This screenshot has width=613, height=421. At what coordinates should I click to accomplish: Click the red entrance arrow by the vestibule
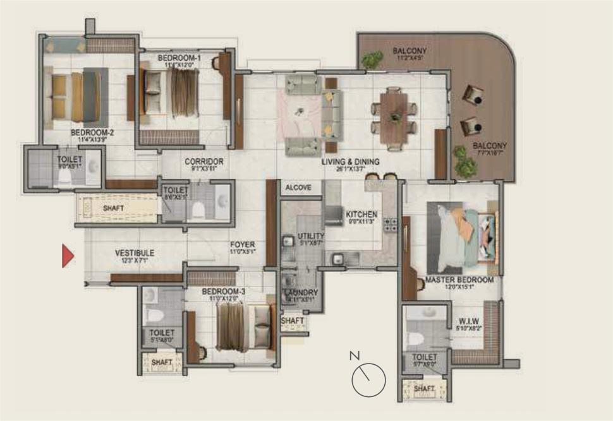coord(68,256)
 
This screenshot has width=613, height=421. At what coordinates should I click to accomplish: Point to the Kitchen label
coord(361,215)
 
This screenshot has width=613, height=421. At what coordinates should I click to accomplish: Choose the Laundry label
coord(301,293)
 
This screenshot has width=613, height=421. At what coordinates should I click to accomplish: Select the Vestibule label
coord(134,253)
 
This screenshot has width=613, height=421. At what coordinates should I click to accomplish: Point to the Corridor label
coord(203,162)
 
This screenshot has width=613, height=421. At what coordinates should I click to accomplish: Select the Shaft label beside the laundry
coord(293,321)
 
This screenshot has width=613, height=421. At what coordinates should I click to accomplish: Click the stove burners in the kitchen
coord(390,224)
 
